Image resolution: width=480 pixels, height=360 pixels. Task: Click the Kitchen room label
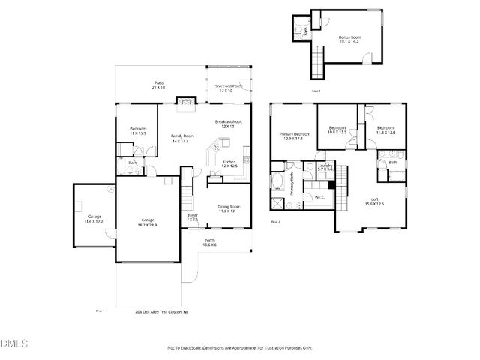[x=229, y=163]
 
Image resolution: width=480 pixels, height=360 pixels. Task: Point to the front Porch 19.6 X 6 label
[x=210, y=242]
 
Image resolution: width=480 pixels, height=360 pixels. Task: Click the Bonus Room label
[x=349, y=38]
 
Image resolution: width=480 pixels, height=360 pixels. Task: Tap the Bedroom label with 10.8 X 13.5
[x=337, y=130]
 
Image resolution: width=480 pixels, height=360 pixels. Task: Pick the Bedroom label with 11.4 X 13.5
[x=385, y=130]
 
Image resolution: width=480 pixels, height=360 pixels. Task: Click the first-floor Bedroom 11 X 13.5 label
[x=138, y=131]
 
